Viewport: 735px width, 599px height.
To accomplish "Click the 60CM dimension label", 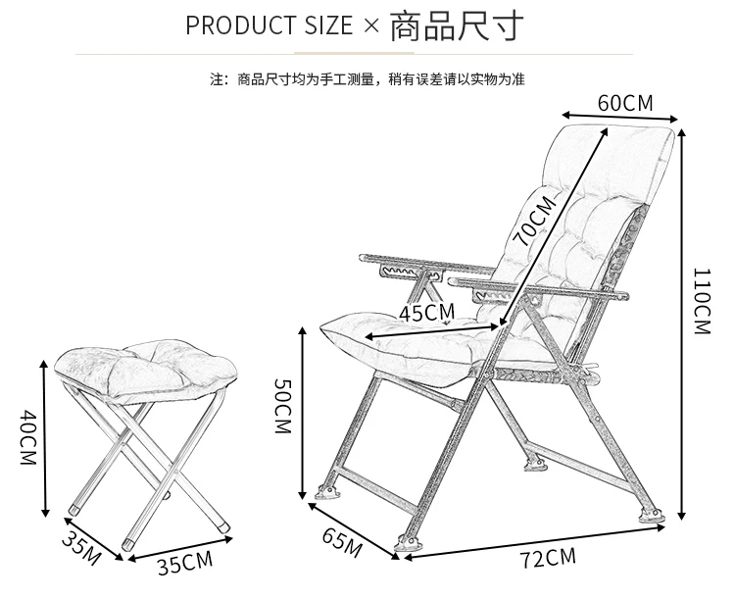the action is [x=624, y=103].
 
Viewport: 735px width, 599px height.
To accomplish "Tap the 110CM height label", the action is [x=700, y=301].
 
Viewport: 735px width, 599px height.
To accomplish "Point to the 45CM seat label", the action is [x=427, y=313].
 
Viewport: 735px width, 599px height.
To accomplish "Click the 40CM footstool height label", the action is [x=26, y=437].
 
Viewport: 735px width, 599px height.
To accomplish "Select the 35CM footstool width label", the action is [x=184, y=563].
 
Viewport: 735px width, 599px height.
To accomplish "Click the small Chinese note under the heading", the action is [x=367, y=79].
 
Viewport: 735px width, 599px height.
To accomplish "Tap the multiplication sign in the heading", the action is [x=370, y=25].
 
